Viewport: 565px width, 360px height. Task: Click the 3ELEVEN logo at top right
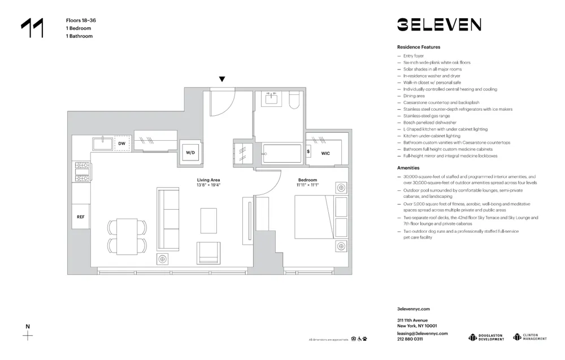pos(438,24)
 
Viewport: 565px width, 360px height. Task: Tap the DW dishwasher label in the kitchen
pos(121,144)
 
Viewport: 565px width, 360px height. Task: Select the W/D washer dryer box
pos(190,153)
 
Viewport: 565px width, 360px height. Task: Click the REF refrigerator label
pos(81,216)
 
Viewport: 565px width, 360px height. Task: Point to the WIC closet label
pos(325,153)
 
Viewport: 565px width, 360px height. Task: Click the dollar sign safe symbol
pos(308,151)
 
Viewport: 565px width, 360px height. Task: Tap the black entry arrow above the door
pos(222,79)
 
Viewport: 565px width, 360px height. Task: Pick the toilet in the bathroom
pos(294,101)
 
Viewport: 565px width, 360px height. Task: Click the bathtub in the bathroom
pos(282,153)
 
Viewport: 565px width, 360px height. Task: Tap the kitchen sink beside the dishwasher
pos(103,143)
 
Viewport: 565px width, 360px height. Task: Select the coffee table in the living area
pos(208,220)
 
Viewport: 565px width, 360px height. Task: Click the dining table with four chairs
pos(127,236)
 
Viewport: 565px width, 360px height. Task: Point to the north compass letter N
pos(27,326)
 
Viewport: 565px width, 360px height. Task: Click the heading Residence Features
pos(419,47)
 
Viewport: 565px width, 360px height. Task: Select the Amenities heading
pos(408,168)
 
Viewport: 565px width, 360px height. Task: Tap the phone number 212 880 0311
pos(410,339)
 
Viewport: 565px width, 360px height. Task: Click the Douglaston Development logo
pos(486,337)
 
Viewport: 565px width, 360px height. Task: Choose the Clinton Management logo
pos(530,337)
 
